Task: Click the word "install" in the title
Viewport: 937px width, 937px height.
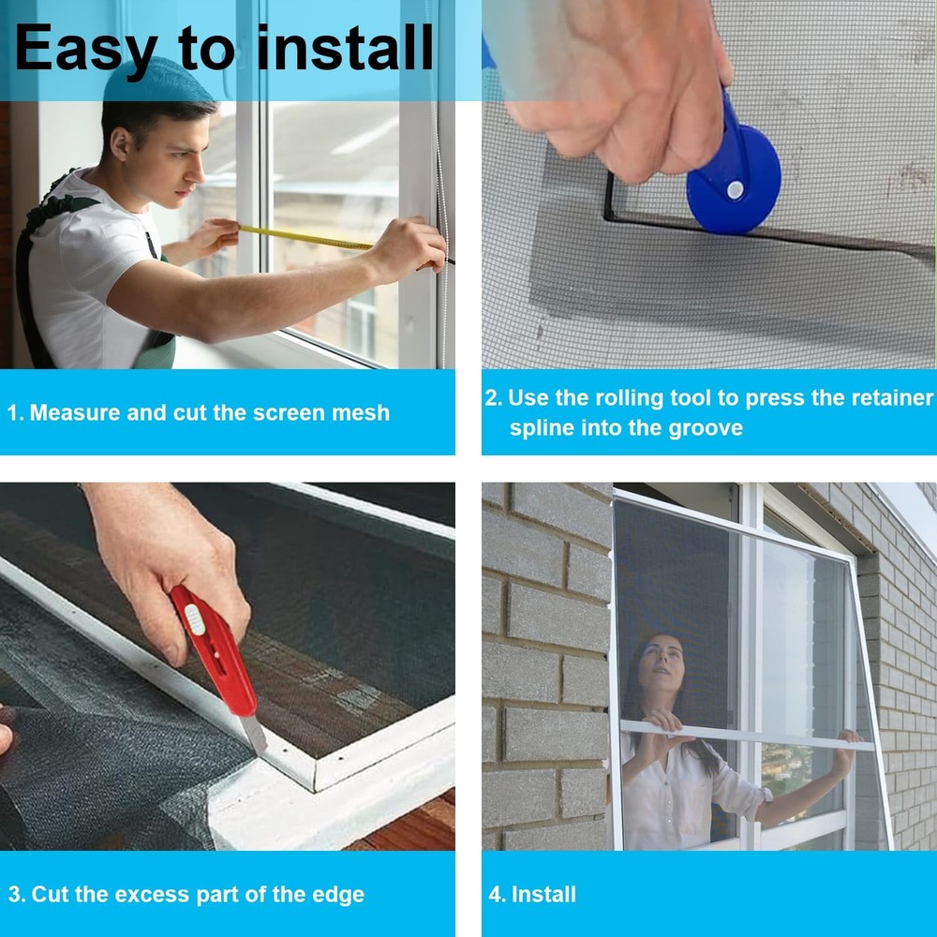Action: (x=345, y=48)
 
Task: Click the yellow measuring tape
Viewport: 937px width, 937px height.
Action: (x=305, y=237)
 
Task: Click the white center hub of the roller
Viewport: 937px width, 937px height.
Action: (x=735, y=190)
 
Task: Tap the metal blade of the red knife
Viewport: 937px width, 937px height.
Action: (x=255, y=734)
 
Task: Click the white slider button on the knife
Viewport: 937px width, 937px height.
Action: (x=195, y=619)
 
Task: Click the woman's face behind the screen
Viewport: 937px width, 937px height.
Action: (x=661, y=662)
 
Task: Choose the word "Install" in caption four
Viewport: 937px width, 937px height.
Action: (x=543, y=894)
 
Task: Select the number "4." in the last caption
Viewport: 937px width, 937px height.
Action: (x=497, y=895)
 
